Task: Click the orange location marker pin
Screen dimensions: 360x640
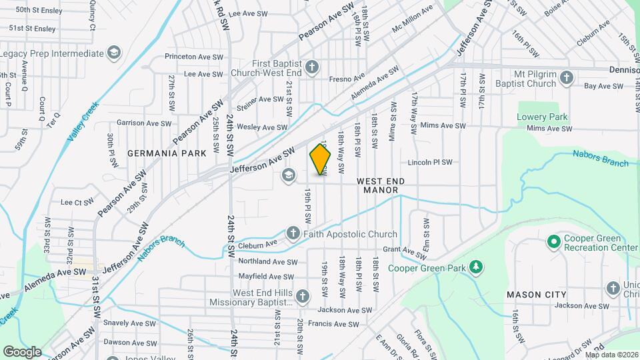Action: pyautogui.click(x=320, y=159)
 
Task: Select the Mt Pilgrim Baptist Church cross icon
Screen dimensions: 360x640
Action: pyautogui.click(x=567, y=78)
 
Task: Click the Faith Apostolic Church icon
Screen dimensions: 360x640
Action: pyautogui.click(x=293, y=233)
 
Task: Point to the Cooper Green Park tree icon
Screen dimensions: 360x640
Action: pyautogui.click(x=475, y=267)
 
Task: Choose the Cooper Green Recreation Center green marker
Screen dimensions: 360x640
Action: pyautogui.click(x=553, y=240)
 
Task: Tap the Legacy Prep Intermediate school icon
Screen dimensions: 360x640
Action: pyautogui.click(x=114, y=53)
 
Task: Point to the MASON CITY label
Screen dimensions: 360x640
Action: pyautogui.click(x=536, y=294)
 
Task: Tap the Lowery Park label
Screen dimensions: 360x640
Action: pyautogui.click(x=542, y=117)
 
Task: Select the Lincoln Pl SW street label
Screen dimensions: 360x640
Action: pyautogui.click(x=430, y=162)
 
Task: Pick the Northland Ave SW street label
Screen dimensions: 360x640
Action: pyautogui.click(x=267, y=261)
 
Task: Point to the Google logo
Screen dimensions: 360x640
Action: pyautogui.click(x=22, y=351)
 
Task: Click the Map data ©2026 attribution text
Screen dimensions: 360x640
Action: pyautogui.click(x=611, y=355)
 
